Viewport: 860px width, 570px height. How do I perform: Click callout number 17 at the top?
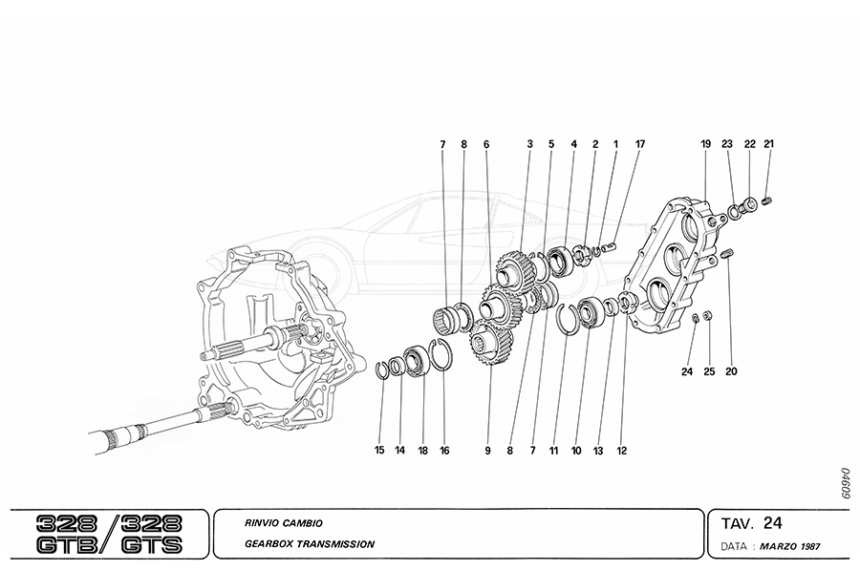point(640,144)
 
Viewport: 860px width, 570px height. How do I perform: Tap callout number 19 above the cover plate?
point(706,144)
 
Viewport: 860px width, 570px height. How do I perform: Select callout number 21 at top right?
point(768,144)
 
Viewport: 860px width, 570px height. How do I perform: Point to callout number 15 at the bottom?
point(379,450)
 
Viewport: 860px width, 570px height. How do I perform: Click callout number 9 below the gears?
point(486,450)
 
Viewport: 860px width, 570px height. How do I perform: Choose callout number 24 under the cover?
point(686,371)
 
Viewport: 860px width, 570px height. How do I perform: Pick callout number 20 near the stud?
point(731,371)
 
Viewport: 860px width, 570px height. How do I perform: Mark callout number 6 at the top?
point(485,144)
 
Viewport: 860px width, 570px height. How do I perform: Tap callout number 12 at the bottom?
point(623,450)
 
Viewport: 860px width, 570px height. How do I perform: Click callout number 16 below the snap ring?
point(443,450)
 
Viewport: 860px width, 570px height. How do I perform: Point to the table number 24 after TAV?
point(773,522)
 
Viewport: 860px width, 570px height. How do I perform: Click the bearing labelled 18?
point(414,361)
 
